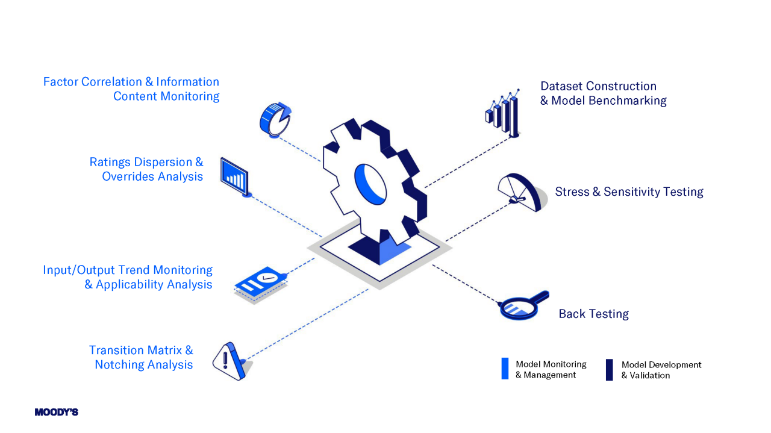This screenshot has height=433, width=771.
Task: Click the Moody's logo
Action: [56, 413]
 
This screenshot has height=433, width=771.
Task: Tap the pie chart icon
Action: [275, 119]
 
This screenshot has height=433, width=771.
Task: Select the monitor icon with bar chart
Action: [236, 176]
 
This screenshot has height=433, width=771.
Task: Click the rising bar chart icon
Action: [502, 114]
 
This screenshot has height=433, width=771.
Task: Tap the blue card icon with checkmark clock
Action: [260, 284]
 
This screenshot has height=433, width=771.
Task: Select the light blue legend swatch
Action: [505, 369]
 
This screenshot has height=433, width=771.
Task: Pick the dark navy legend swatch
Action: [609, 370]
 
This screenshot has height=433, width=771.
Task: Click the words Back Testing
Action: [593, 314]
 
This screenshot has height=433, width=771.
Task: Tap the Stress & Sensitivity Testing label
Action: [629, 192]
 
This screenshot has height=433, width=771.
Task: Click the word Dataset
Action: [561, 86]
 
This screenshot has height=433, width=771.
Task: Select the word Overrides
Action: [128, 176]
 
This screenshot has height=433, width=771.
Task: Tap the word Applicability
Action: [130, 284]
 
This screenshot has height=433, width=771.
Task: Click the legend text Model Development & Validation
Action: [661, 370]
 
